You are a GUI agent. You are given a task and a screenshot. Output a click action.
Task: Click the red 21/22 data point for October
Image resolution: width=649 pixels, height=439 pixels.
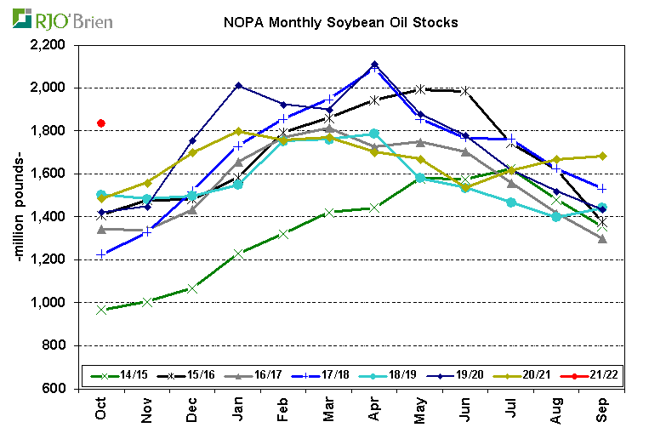(101, 123)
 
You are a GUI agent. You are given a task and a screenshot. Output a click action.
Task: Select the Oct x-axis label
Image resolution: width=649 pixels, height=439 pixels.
(101, 411)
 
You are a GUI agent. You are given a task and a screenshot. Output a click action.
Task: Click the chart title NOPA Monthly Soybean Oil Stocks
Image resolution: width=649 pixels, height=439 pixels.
(340, 23)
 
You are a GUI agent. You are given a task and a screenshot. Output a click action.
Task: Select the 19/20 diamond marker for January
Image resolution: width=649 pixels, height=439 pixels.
(238, 85)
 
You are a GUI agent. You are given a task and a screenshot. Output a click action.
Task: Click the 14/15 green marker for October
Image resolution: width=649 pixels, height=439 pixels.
(101, 310)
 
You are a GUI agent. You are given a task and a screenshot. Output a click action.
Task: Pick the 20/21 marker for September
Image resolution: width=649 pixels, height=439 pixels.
(603, 156)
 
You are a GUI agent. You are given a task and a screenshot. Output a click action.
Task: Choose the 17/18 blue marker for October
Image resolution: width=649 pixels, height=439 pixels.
(101, 254)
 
